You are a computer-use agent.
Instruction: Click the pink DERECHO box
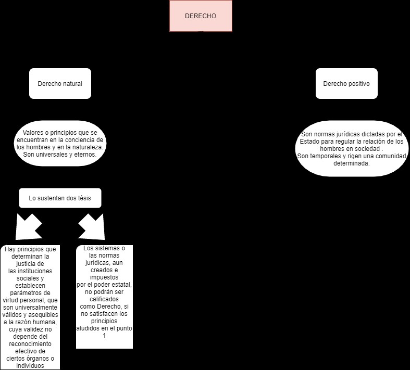click(x=200, y=16)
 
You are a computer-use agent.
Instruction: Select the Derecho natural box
click(x=60, y=83)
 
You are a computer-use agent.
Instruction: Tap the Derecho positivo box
click(x=346, y=83)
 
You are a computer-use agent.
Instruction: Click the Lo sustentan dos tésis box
click(x=60, y=198)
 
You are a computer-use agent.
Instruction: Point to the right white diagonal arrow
click(x=92, y=225)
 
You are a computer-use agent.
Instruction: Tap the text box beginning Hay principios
click(x=31, y=307)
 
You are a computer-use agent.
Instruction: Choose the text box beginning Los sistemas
click(x=104, y=296)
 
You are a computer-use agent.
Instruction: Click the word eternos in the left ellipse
click(x=85, y=155)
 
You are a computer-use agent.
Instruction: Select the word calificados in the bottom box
click(x=104, y=299)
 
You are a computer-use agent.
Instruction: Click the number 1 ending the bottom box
click(x=104, y=336)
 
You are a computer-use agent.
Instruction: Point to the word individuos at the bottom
click(x=31, y=365)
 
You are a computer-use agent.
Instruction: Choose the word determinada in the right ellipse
click(x=352, y=163)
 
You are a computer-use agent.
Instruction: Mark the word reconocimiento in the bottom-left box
click(x=31, y=344)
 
